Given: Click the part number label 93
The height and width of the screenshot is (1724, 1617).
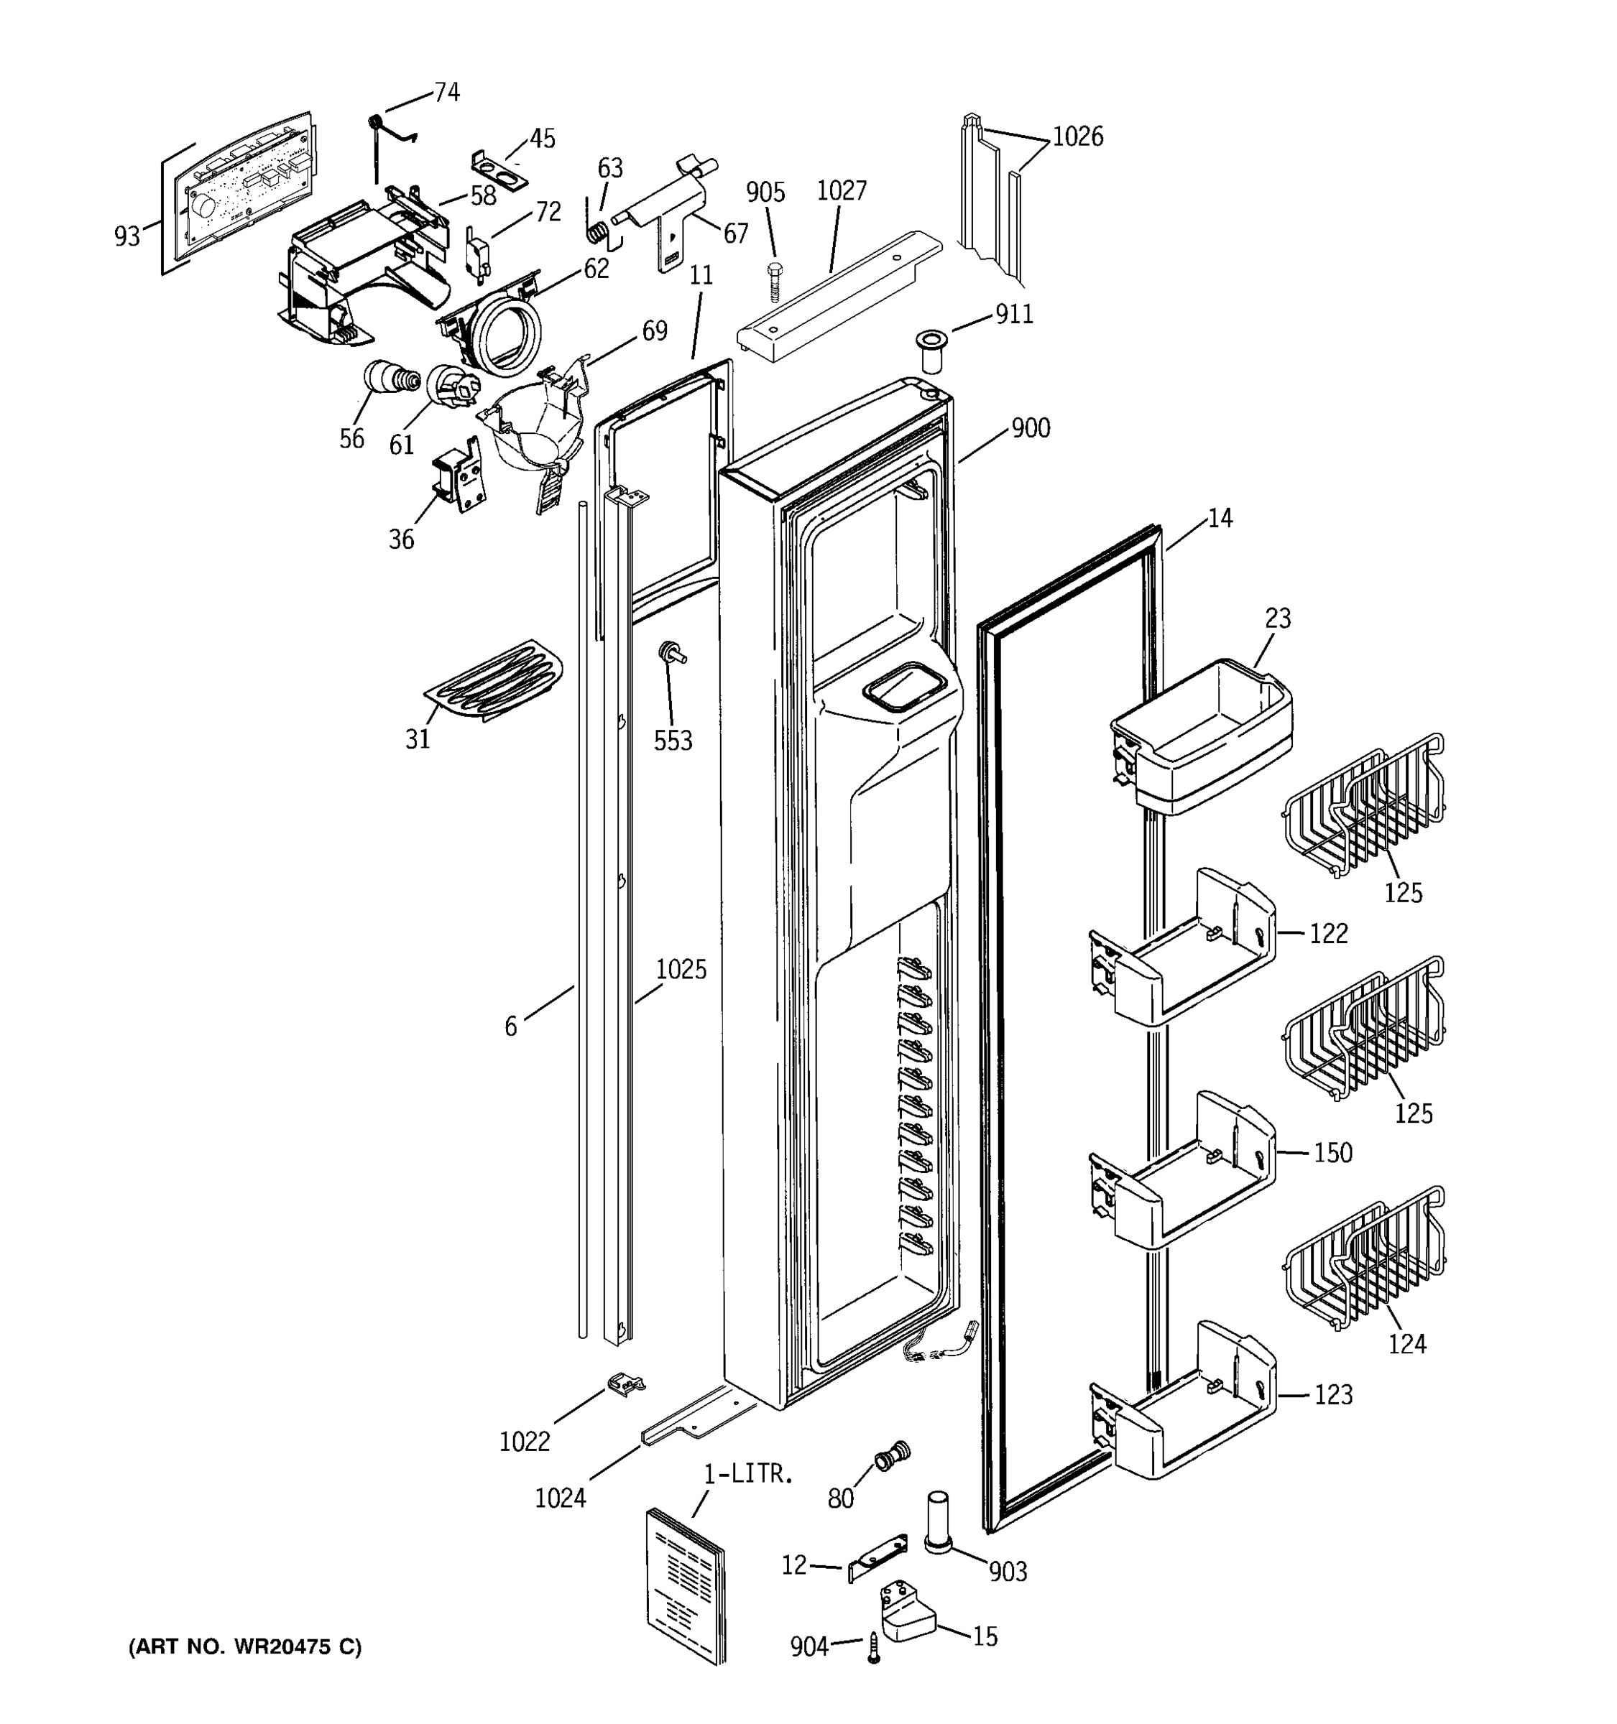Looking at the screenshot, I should click(126, 236).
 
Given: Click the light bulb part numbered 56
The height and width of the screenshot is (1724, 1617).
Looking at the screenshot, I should click(389, 378).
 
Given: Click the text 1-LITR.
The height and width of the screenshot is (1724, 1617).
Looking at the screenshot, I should click(748, 1473).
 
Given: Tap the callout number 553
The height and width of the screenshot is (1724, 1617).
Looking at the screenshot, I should click(673, 741).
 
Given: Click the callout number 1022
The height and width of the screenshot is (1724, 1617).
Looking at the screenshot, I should click(525, 1441).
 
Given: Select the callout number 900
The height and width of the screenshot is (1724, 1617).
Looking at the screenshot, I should click(1031, 428).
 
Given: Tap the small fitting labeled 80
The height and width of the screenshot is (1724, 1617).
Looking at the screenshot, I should click(892, 1455).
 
